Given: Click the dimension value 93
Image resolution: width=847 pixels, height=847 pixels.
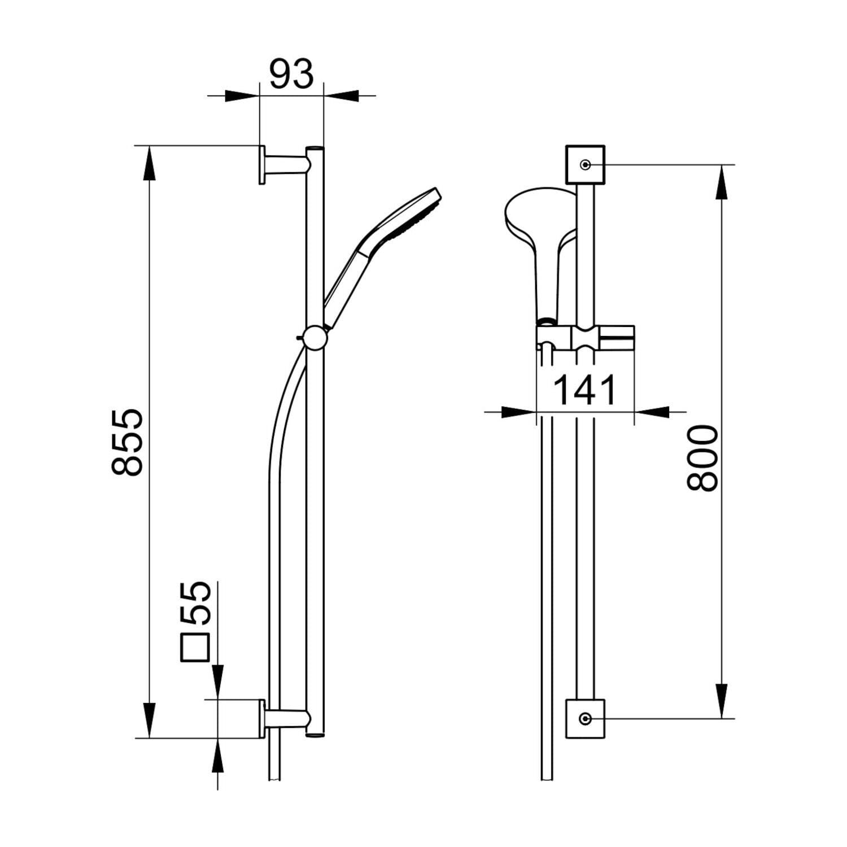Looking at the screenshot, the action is pyautogui.click(x=291, y=74).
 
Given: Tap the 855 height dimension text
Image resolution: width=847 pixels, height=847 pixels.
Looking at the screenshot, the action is pyautogui.click(x=128, y=442).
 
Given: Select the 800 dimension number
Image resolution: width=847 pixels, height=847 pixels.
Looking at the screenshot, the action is pyautogui.click(x=702, y=458).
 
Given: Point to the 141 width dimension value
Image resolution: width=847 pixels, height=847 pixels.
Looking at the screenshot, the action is pyautogui.click(x=584, y=390).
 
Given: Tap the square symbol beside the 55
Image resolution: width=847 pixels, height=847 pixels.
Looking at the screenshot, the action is pyautogui.click(x=195, y=647).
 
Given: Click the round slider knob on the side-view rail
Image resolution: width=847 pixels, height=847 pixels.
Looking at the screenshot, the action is pyautogui.click(x=314, y=339).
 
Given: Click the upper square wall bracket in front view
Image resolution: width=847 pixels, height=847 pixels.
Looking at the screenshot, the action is pyautogui.click(x=586, y=164).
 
